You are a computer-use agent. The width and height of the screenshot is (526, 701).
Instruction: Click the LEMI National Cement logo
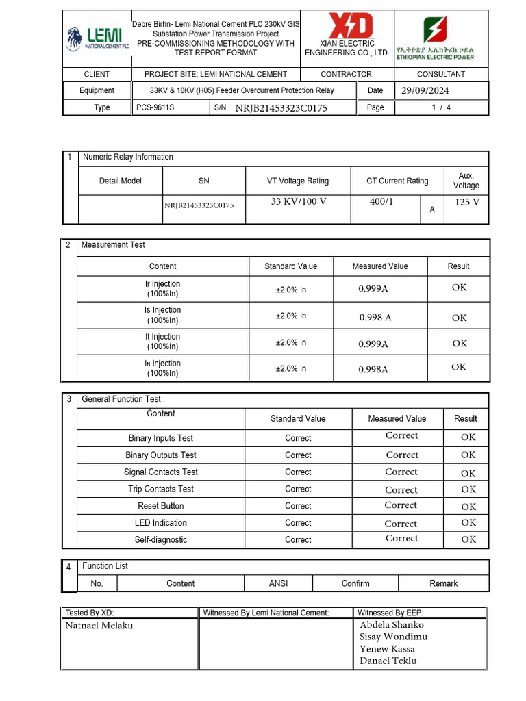[97, 39]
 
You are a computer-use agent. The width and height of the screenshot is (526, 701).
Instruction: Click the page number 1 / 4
[441, 107]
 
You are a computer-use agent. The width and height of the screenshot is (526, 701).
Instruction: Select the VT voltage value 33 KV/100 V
[299, 202]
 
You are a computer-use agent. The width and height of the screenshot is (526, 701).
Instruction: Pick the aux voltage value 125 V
[466, 202]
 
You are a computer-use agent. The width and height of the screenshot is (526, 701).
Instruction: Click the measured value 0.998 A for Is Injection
[375, 318]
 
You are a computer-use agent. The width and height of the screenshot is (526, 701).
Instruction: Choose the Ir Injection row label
[162, 289]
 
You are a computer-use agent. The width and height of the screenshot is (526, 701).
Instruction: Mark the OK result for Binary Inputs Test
[468, 437]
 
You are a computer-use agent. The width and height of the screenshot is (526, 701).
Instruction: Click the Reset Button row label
[161, 506]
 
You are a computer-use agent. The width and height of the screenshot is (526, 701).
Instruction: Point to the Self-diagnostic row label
[161, 539]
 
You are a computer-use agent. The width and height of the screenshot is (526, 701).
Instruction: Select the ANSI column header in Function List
[278, 583]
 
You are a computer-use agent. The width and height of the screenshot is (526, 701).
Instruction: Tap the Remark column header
[443, 583]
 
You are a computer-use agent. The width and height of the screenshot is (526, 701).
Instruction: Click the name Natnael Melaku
[99, 626]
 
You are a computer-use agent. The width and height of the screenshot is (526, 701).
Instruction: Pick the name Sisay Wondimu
[393, 637]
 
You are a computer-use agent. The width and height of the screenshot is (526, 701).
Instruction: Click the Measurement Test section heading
[113, 244]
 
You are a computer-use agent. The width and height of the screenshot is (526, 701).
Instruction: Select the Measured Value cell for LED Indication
[401, 524]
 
